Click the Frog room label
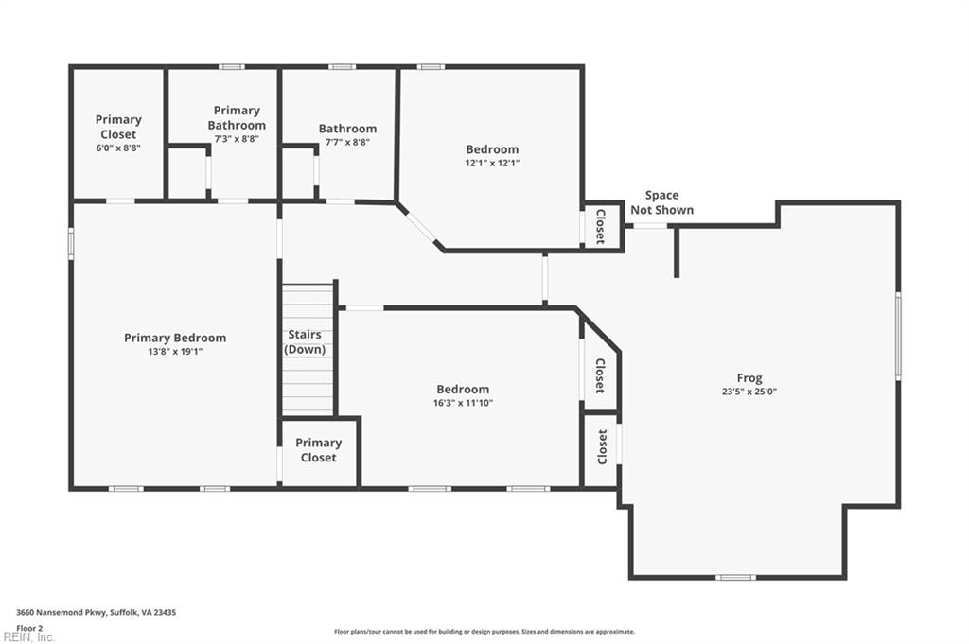(749, 378)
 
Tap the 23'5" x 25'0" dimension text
(749, 392)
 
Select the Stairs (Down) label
(305, 341)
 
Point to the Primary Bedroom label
(175, 338)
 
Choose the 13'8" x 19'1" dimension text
(175, 351)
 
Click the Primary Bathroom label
(237, 117)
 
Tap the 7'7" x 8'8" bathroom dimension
(347, 142)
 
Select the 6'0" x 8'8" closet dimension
(118, 148)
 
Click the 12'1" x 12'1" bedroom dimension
(492, 163)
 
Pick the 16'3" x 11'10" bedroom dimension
(463, 403)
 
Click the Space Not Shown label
(661, 202)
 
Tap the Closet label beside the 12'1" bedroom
(600, 227)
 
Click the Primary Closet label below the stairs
(318, 450)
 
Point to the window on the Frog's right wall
(898, 336)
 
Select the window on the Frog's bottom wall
(735, 577)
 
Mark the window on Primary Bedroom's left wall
(71, 242)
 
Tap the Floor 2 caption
(30, 627)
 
